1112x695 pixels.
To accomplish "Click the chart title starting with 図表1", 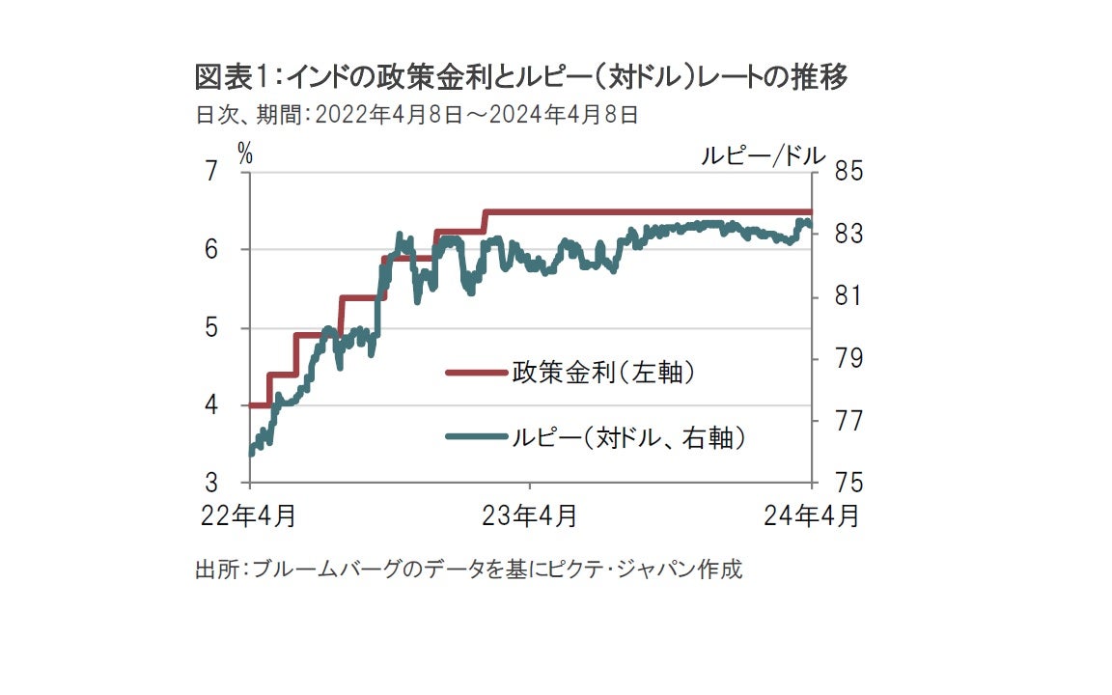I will click(x=521, y=76).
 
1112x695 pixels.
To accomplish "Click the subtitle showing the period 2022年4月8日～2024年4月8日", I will click(x=417, y=115).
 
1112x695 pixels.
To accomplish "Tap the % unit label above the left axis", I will click(x=245, y=153).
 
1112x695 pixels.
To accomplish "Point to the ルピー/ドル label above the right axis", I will click(x=763, y=155).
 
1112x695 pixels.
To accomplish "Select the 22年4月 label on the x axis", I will click(x=250, y=516).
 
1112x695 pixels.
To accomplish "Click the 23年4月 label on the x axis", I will click(x=529, y=516).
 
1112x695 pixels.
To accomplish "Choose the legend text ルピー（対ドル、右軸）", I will click(x=629, y=437).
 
